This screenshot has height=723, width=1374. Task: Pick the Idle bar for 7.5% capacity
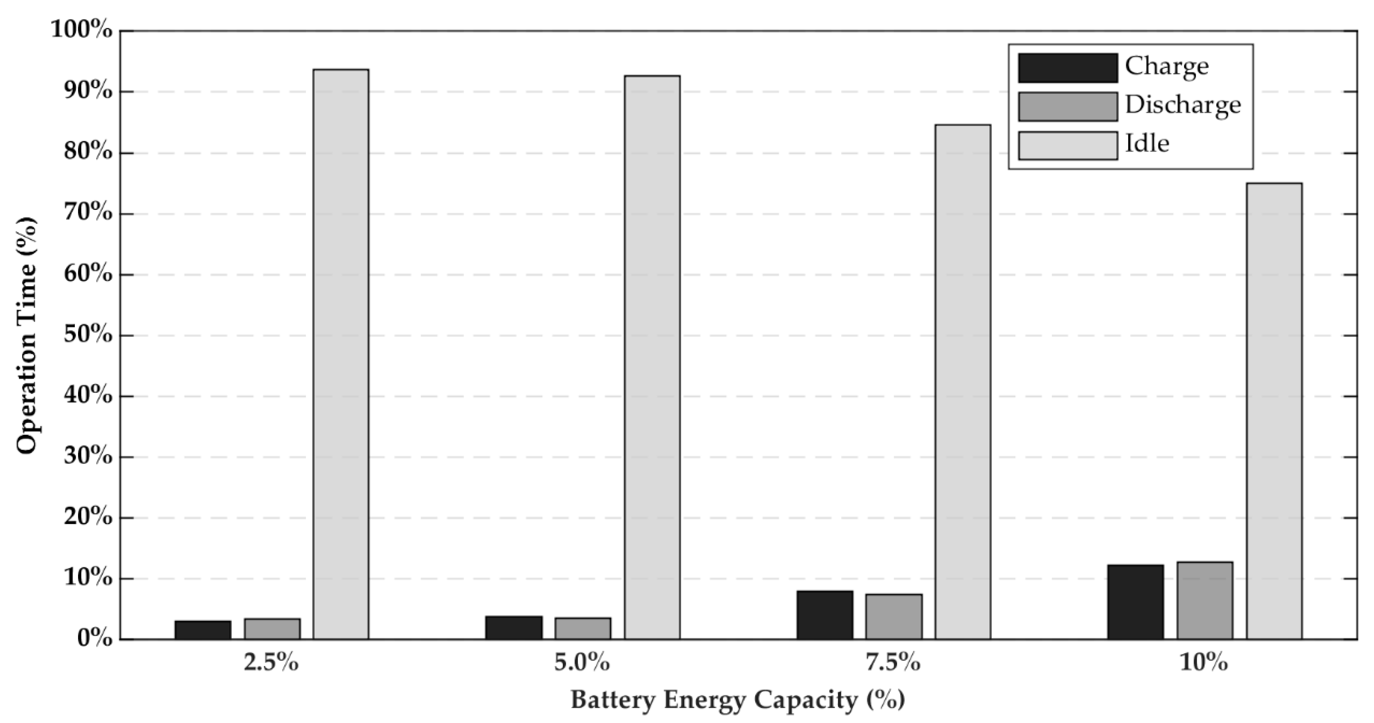[x=963, y=382]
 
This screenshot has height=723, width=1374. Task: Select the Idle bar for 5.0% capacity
[x=652, y=357]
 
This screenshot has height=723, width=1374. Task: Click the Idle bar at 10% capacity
[x=1274, y=411]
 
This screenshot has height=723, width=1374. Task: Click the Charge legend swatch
[x=1068, y=68]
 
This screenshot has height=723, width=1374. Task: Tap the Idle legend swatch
[x=1068, y=145]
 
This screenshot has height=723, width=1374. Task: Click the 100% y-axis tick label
[x=82, y=30]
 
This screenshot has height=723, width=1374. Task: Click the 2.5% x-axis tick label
[x=271, y=663]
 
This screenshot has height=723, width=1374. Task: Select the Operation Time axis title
[x=27, y=335]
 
